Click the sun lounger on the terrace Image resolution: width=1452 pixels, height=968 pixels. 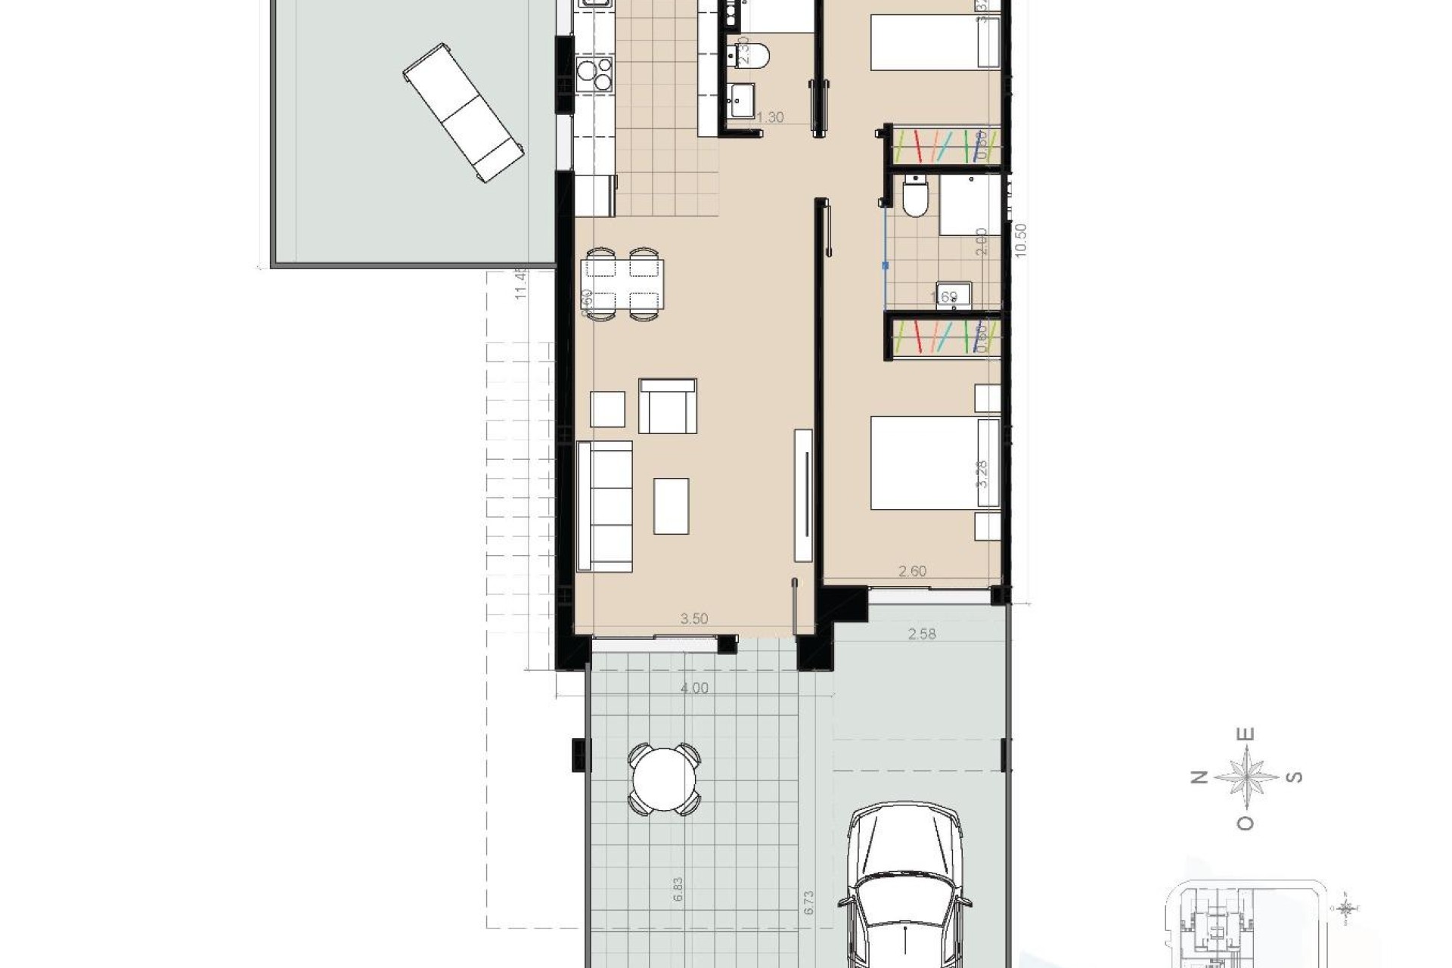click(464, 113)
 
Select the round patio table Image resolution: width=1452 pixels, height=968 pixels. click(665, 780)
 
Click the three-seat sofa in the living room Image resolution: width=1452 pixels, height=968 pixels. click(604, 506)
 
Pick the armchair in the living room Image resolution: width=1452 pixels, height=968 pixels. click(667, 406)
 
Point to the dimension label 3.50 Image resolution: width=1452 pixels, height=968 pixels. click(693, 619)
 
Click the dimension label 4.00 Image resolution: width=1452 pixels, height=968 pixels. click(694, 688)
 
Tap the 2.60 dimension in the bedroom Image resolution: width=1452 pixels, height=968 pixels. click(912, 571)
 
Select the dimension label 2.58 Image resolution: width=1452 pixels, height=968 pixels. click(921, 634)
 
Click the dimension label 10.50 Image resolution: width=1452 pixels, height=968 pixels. click(1022, 240)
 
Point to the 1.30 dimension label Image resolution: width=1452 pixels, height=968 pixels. click(770, 117)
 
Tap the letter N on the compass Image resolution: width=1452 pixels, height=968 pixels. click(1199, 778)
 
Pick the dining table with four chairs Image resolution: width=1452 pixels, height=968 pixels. click(622, 284)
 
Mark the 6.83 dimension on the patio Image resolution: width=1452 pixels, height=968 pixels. click(678, 889)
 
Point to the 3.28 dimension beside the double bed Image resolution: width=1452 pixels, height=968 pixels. click(982, 473)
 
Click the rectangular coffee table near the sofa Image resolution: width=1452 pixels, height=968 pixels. click(672, 506)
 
